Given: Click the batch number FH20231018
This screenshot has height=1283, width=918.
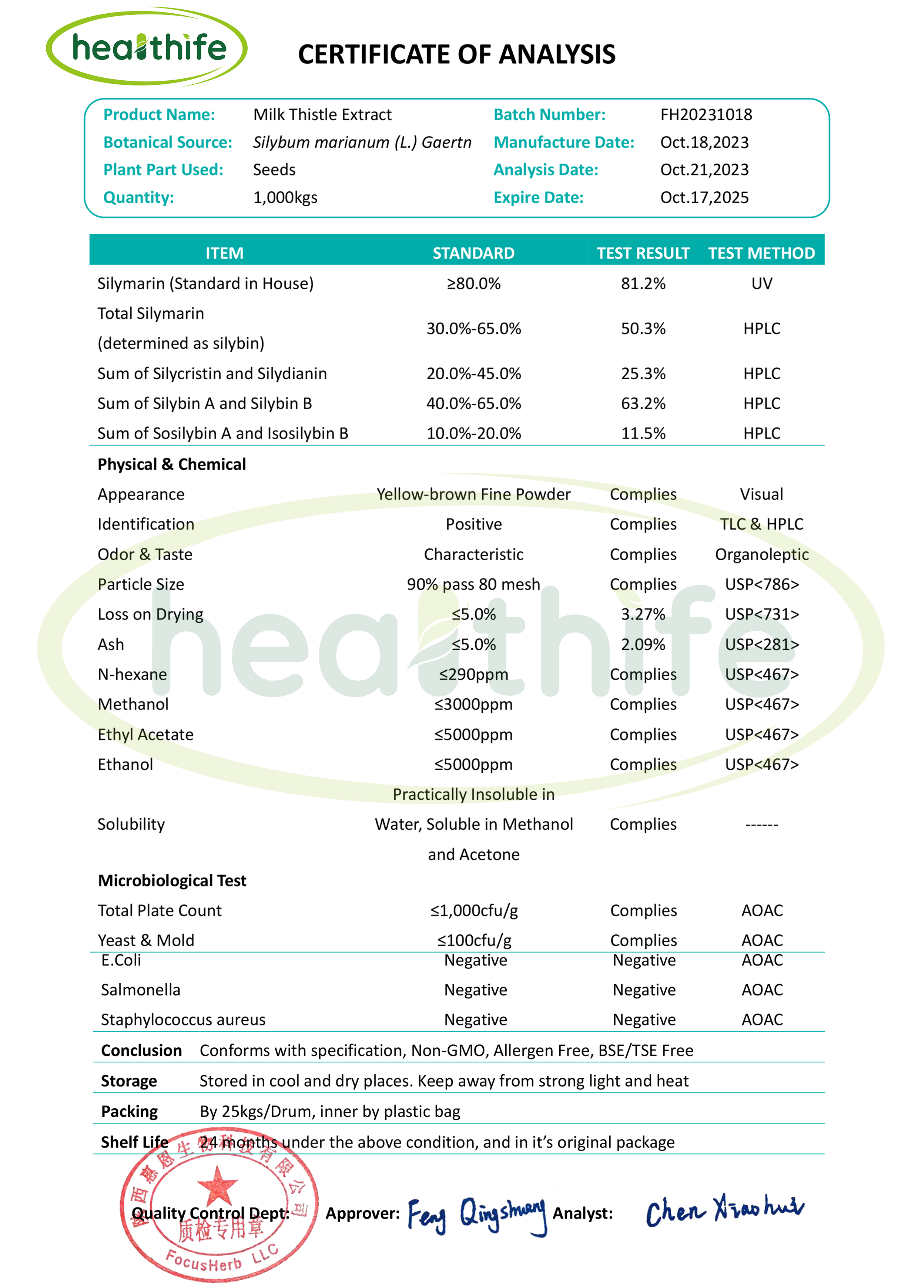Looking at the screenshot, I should point(706,115).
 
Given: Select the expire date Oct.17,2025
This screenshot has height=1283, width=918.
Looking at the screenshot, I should point(704,198).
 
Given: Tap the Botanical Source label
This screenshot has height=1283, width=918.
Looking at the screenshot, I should point(168,142).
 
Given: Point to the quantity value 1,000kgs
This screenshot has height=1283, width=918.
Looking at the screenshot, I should point(285,198).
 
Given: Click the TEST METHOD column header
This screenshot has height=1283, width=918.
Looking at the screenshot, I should point(761,253).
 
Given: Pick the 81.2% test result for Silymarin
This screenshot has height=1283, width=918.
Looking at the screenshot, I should point(643,283).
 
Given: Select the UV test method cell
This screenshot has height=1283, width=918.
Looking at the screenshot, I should point(761,283).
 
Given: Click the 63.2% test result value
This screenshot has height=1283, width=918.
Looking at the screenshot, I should point(643,403).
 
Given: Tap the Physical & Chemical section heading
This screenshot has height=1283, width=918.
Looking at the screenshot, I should point(172,464).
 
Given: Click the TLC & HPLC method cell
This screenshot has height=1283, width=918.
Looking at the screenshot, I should point(761,524).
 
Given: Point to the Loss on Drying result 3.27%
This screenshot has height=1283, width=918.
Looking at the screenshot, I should point(643,614).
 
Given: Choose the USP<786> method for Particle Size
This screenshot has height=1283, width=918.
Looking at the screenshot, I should point(761,584).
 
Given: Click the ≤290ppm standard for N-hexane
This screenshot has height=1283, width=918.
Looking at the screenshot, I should point(474,675).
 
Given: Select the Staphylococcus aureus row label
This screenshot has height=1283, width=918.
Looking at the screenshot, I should point(183,1020).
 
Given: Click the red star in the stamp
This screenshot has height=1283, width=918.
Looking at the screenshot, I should point(218,1184).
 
